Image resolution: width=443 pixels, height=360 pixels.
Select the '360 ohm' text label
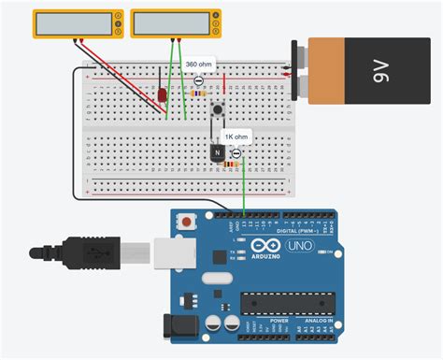pyautogui.click(x=198, y=65)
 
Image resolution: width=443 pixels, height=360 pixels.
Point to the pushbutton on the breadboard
pyautogui.click(x=219, y=110)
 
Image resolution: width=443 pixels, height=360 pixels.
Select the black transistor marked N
pyautogui.click(x=216, y=153)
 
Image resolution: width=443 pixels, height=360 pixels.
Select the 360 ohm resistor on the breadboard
pyautogui.click(x=199, y=94)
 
